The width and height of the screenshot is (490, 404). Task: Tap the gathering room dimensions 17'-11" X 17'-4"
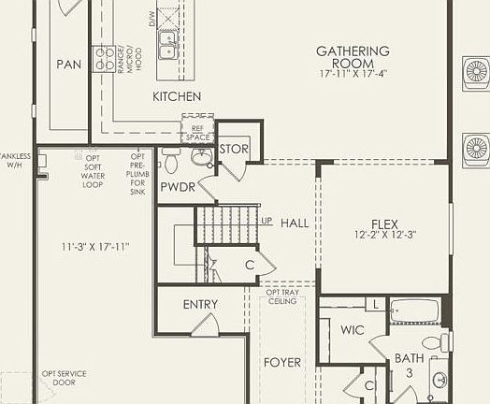(x=352, y=73)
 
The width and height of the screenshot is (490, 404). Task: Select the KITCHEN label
(x=177, y=96)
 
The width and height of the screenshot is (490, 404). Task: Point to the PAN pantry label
(x=69, y=65)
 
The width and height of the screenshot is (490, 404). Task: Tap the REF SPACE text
(x=197, y=133)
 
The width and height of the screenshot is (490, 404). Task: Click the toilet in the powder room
(x=171, y=157)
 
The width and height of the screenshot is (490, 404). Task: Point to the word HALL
(x=295, y=224)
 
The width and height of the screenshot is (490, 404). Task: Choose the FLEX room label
(x=384, y=224)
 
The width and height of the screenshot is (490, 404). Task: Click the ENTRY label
(x=200, y=304)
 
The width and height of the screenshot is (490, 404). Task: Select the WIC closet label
(x=353, y=329)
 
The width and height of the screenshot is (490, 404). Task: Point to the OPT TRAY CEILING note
(x=282, y=296)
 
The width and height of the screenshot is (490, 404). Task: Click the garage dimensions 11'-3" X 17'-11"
(x=95, y=247)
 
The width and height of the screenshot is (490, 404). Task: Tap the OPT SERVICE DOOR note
(x=64, y=379)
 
